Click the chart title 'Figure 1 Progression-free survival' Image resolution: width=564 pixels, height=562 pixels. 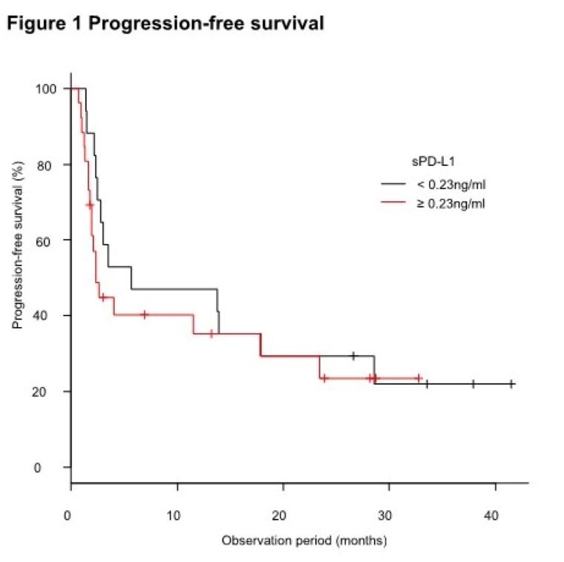[x=165, y=23]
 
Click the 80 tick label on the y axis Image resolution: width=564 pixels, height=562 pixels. [x=49, y=164]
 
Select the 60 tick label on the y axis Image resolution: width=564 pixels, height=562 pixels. [x=49, y=240]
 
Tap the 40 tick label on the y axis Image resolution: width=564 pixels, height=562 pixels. [x=49, y=316]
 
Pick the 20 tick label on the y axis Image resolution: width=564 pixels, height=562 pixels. [x=49, y=391]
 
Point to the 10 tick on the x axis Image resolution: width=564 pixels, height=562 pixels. [x=177, y=515]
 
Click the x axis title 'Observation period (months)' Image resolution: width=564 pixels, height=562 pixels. [x=304, y=540]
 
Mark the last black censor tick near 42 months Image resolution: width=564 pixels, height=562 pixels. [x=511, y=383]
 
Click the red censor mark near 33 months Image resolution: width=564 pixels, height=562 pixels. [x=419, y=378]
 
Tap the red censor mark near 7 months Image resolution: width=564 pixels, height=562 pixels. [x=145, y=314]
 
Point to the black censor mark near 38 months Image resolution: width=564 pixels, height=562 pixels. [x=473, y=383]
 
